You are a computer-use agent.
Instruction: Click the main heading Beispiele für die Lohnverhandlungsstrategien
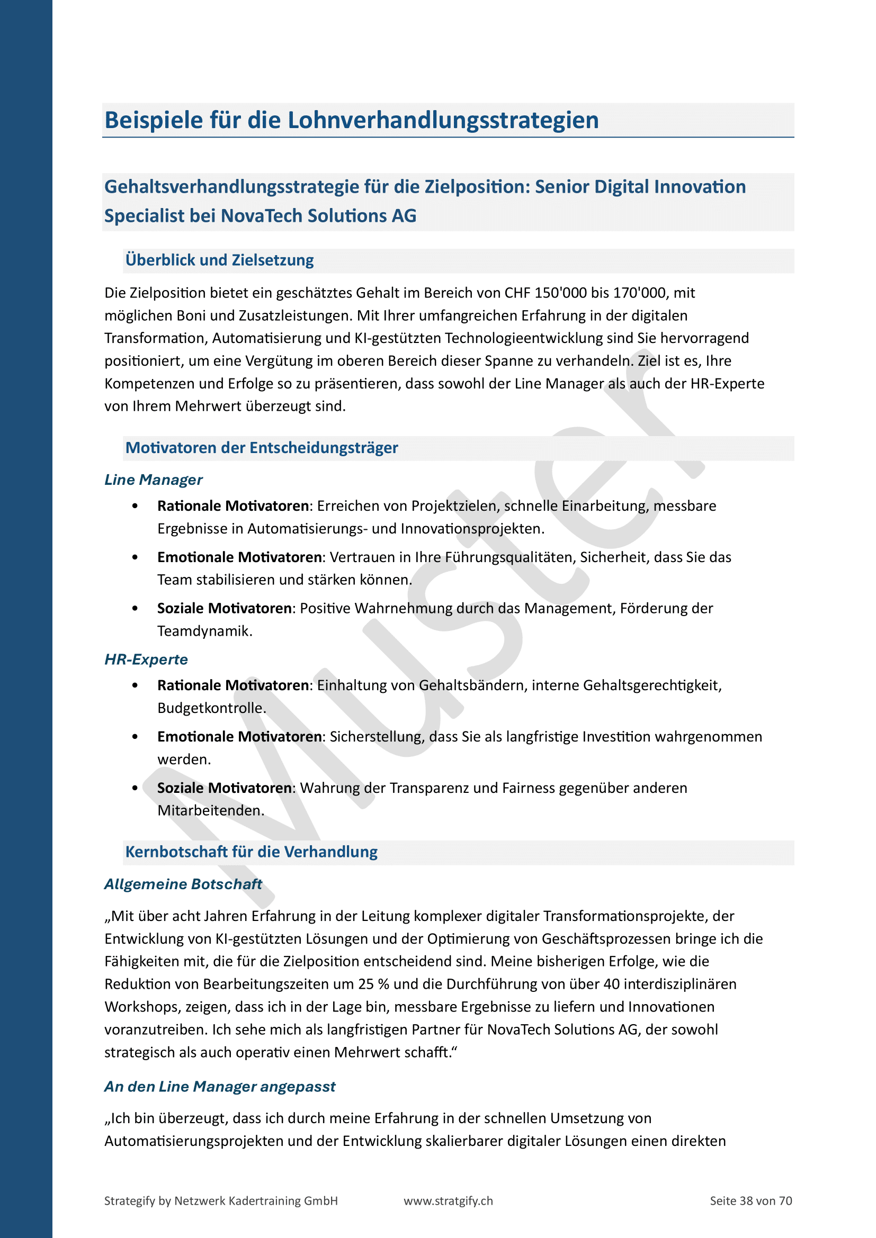(351, 120)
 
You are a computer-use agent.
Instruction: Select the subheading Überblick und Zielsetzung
(220, 260)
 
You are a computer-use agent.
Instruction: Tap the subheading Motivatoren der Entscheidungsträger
(262, 448)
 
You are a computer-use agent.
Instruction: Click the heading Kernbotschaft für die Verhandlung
(252, 852)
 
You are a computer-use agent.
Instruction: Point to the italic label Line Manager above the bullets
(153, 480)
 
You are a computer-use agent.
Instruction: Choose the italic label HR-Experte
(146, 659)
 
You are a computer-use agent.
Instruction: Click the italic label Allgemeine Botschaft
(183, 884)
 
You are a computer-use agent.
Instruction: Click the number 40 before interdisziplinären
(611, 984)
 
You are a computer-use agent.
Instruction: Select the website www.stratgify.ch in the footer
(448, 1200)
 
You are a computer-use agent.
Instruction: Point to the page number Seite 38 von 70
(750, 1200)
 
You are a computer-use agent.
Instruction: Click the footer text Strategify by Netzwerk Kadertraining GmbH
(221, 1200)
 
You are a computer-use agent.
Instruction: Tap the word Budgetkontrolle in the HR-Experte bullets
(211, 708)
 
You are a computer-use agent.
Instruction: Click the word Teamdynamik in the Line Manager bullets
(204, 631)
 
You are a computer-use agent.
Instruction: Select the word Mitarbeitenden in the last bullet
(210, 810)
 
